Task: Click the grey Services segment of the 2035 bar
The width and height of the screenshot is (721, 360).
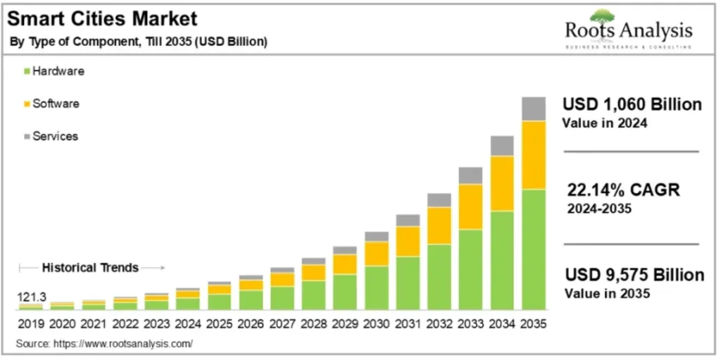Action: (534, 108)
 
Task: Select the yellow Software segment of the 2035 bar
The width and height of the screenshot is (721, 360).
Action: (534, 155)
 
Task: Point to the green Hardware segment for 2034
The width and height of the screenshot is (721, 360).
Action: (502, 260)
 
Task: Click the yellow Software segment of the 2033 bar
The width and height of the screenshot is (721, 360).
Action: (470, 206)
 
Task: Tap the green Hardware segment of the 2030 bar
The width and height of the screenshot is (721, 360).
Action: (376, 287)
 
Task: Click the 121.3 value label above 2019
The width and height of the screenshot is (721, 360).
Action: (32, 298)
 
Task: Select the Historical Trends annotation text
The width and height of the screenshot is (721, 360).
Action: (90, 268)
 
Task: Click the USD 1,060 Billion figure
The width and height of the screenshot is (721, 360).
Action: (632, 104)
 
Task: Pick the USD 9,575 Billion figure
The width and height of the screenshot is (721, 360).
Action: (634, 275)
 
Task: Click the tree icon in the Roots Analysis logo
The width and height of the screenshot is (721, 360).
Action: (603, 16)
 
